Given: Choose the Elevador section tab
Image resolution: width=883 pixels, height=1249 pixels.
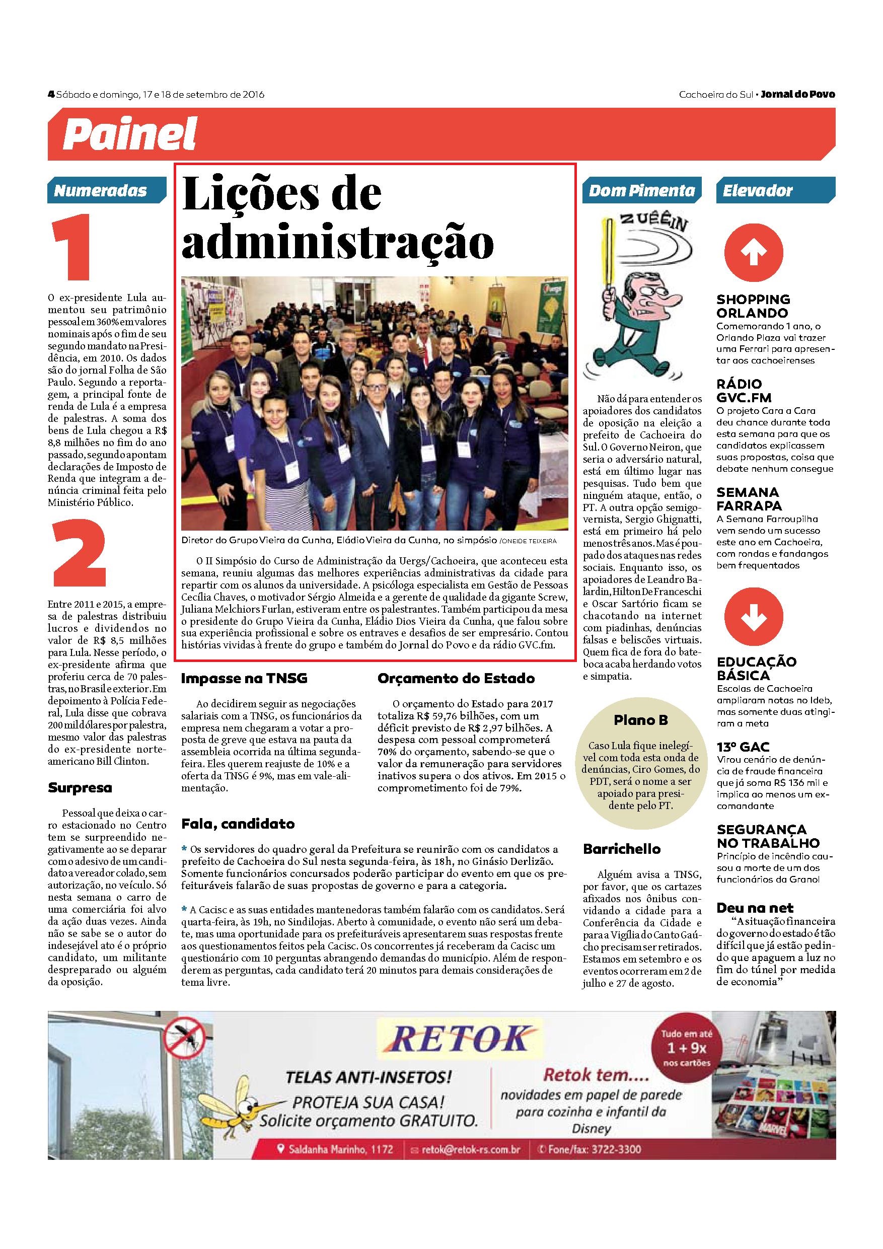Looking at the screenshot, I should click(757, 191).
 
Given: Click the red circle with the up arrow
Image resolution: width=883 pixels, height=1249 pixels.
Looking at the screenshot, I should click(754, 252).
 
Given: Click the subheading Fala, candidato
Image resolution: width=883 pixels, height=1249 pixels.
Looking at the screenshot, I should click(238, 824).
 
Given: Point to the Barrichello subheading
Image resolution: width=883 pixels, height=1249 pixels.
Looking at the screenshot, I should click(621, 849).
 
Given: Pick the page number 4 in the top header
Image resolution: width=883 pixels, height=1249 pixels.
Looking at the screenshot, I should click(51, 95).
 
